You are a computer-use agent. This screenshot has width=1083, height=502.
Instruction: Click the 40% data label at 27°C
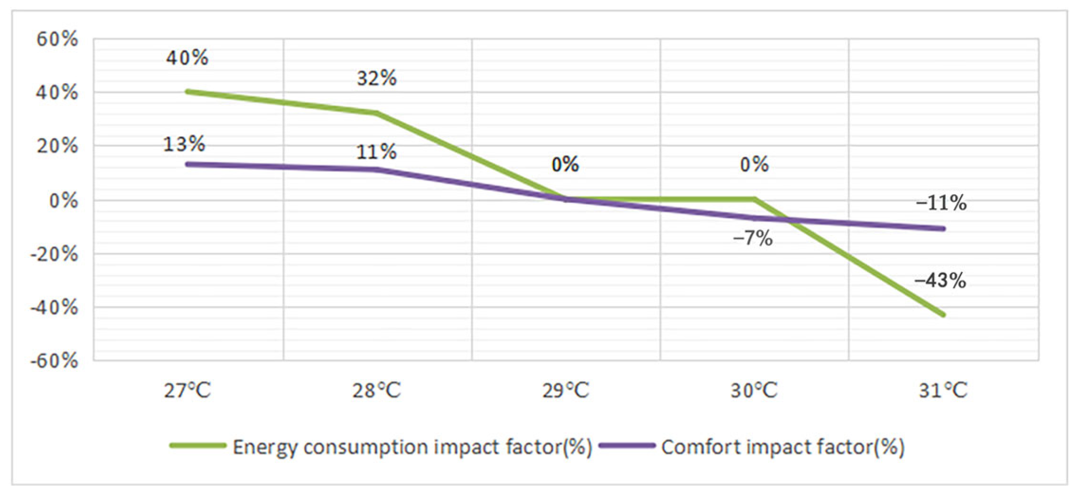[187, 58]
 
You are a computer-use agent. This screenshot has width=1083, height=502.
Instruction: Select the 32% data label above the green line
[376, 78]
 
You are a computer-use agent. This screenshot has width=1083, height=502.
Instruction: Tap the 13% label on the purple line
[184, 144]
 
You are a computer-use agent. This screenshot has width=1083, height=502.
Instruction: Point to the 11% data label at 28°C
[376, 152]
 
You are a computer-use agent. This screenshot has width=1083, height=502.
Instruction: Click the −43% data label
[940, 281]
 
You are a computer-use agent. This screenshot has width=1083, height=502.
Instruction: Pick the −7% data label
[753, 238]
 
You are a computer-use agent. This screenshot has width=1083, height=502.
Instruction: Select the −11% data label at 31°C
[941, 203]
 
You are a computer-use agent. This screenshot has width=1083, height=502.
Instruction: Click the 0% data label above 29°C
[565, 164]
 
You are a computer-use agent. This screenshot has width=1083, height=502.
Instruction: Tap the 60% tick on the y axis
[57, 39]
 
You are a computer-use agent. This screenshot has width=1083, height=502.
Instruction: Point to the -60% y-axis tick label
[54, 361]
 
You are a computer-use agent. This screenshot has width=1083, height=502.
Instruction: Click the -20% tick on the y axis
[54, 254]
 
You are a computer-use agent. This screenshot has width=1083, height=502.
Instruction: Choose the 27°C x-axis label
[187, 391]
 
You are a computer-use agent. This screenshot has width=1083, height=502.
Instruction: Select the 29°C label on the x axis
[565, 391]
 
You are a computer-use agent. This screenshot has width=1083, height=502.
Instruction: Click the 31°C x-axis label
[943, 391]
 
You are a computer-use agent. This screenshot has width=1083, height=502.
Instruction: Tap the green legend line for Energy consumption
[198, 445]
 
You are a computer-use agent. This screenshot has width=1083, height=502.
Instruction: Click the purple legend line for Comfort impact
[627, 445]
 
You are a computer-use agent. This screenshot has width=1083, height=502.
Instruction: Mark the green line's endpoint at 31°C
[943, 315]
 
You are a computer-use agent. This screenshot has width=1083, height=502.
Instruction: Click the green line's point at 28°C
[377, 113]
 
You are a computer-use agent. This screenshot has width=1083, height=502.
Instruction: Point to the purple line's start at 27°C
[187, 164]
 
